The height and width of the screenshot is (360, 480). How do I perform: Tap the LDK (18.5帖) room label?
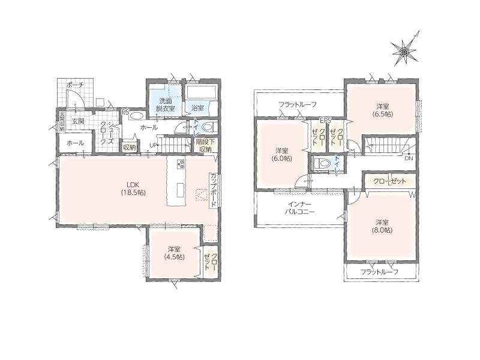(133, 188)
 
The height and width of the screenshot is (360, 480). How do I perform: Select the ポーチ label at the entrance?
(74, 85)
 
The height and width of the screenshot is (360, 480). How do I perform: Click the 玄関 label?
(78, 121)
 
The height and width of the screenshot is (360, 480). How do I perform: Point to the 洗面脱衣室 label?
(166, 104)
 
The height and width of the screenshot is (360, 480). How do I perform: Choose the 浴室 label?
(198, 108)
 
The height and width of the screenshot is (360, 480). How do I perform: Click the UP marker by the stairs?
(153, 145)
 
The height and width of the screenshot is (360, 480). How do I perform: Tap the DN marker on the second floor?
(409, 158)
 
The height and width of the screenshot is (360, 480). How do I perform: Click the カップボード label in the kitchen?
(214, 190)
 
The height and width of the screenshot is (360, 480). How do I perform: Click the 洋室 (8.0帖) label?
(383, 226)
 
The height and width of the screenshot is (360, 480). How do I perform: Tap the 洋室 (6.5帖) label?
(383, 110)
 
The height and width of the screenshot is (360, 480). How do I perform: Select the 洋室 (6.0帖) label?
(281, 155)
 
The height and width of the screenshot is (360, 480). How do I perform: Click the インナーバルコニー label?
(299, 208)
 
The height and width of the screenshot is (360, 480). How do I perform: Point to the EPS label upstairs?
(325, 121)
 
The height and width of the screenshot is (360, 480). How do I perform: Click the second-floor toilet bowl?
(321, 163)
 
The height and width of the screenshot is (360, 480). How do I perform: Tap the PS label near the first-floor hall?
(125, 112)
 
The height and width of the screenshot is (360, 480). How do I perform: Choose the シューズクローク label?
(107, 133)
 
